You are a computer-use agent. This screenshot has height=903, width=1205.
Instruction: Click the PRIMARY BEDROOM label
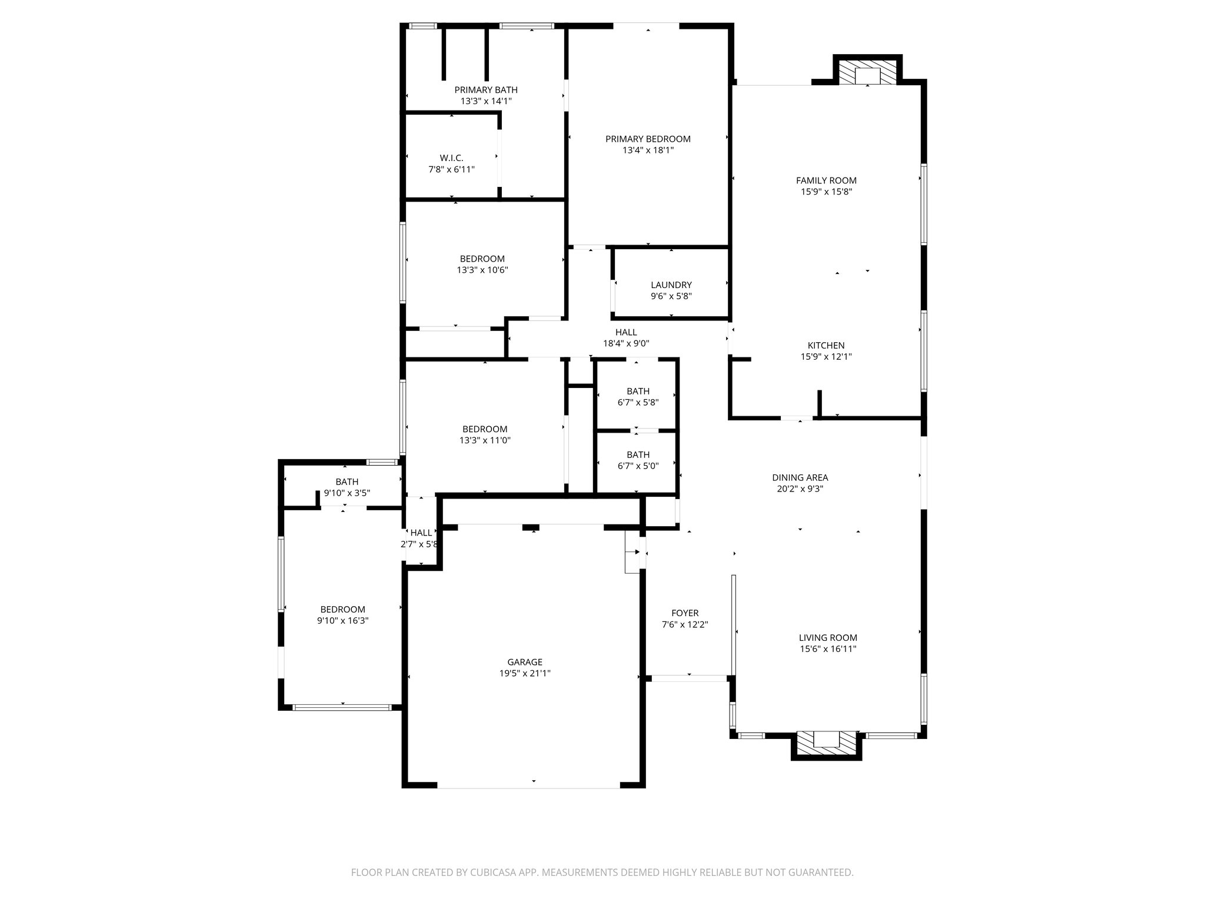tap(648, 139)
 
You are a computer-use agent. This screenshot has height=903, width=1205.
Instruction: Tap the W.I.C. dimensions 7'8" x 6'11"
tap(451, 169)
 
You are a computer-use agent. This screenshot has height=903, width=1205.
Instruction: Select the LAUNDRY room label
tap(671, 285)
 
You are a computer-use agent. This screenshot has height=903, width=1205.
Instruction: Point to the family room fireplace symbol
tap(867, 74)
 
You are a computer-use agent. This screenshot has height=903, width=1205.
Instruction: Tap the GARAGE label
tap(525, 662)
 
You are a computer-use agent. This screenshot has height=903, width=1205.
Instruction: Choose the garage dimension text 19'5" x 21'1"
tap(525, 674)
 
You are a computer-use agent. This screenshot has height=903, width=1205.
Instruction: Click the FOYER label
tap(685, 613)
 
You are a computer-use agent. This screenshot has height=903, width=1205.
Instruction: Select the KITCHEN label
tap(826, 345)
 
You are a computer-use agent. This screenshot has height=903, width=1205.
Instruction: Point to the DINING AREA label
tap(800, 477)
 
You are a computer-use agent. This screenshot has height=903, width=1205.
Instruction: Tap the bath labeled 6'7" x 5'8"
tap(638, 397)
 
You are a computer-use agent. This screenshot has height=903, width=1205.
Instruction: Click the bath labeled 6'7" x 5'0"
tap(638, 460)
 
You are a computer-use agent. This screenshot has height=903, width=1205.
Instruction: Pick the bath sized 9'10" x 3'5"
tap(347, 487)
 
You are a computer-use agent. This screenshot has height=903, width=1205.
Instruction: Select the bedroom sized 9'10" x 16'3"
tap(342, 615)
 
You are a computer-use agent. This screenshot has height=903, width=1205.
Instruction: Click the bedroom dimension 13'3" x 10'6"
tap(482, 270)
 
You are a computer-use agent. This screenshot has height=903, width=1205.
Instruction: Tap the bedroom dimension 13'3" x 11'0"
tap(484, 440)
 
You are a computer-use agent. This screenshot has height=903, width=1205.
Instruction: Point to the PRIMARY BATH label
tap(486, 90)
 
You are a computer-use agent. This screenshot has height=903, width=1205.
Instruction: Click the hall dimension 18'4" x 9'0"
tap(626, 343)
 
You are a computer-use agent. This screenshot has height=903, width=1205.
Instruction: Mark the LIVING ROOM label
tap(828, 637)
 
